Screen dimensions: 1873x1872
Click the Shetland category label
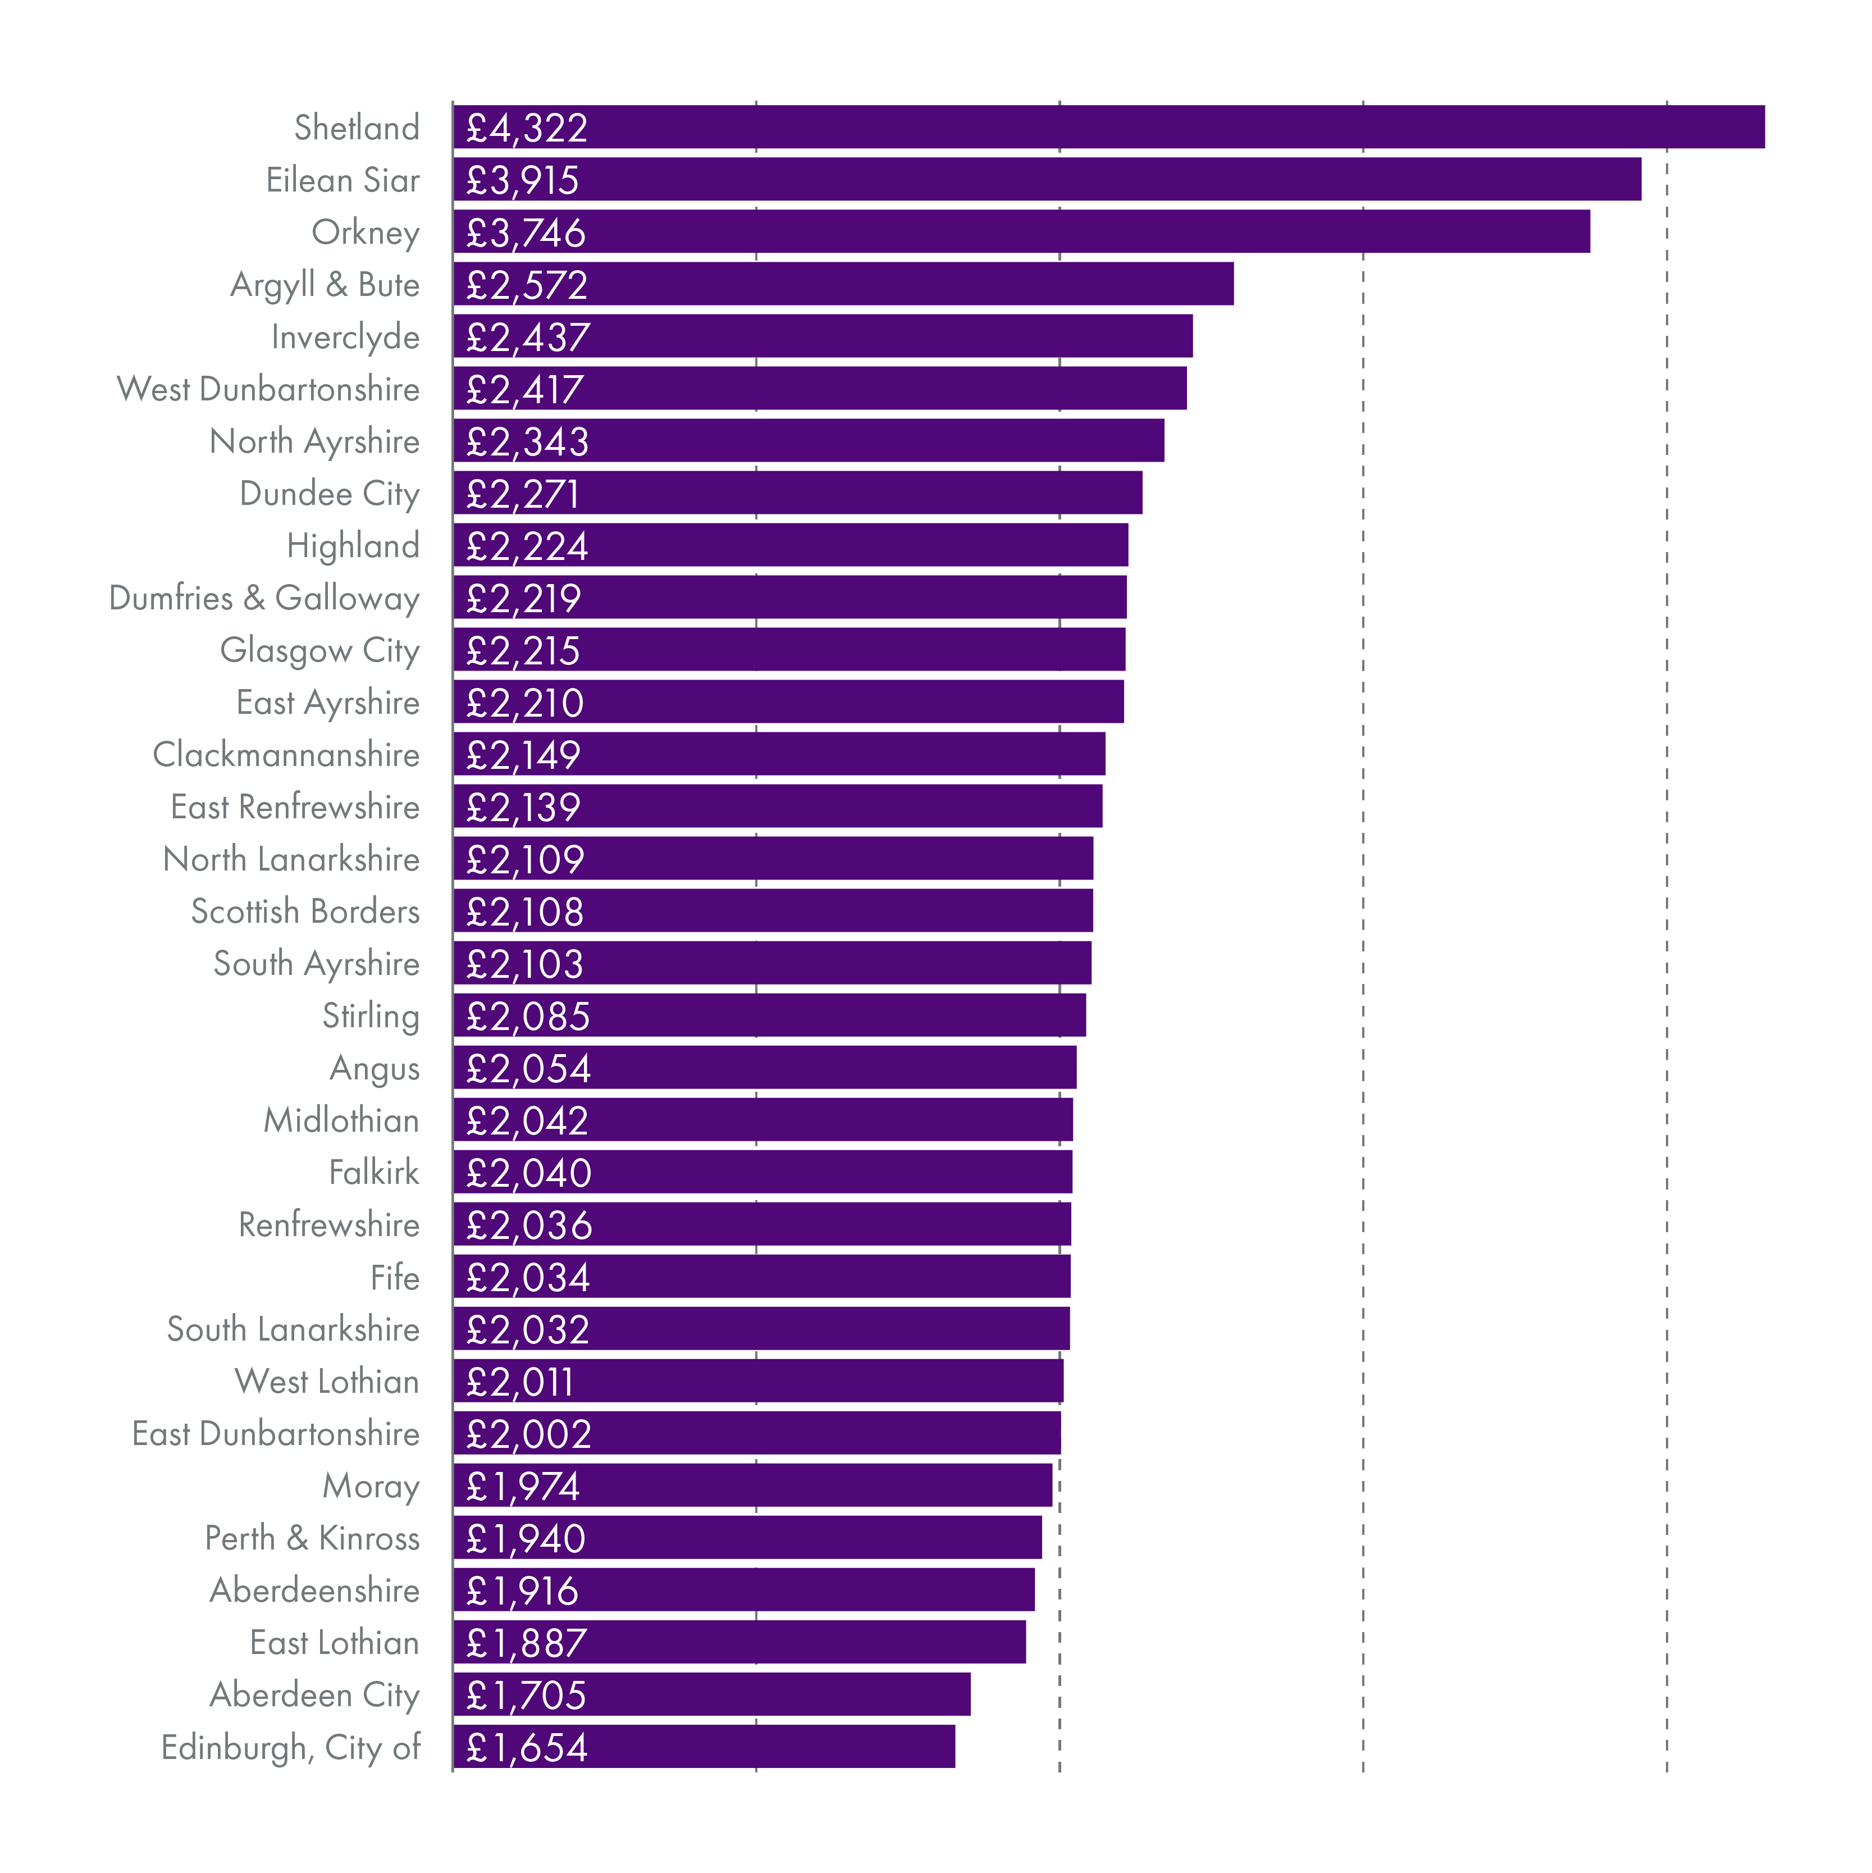[357, 127]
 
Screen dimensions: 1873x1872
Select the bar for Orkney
[1021, 232]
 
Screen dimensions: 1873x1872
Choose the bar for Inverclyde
[822, 336]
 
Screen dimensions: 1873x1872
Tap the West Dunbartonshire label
[268, 389]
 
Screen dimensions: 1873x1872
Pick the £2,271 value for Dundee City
[523, 494]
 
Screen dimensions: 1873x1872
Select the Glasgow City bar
[789, 650]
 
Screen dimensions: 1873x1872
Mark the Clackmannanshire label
[286, 754]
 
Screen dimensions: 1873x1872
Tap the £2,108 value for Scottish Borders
[524, 912]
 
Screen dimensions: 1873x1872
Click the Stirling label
[371, 1015]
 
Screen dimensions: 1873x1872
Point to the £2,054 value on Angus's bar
[527, 1068]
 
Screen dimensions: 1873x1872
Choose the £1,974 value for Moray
[523, 1486]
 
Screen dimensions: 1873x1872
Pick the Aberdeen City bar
[711, 1694]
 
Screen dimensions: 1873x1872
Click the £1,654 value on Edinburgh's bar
[527, 1747]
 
